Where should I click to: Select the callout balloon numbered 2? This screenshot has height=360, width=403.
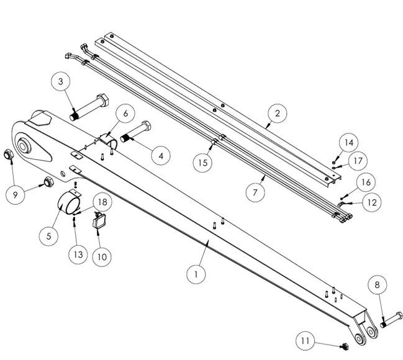pos(277,114)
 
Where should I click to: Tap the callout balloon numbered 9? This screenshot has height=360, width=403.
pos(16,194)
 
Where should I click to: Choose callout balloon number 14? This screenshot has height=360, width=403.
pos(349,143)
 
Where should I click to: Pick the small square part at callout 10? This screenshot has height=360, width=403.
pos(99,220)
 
